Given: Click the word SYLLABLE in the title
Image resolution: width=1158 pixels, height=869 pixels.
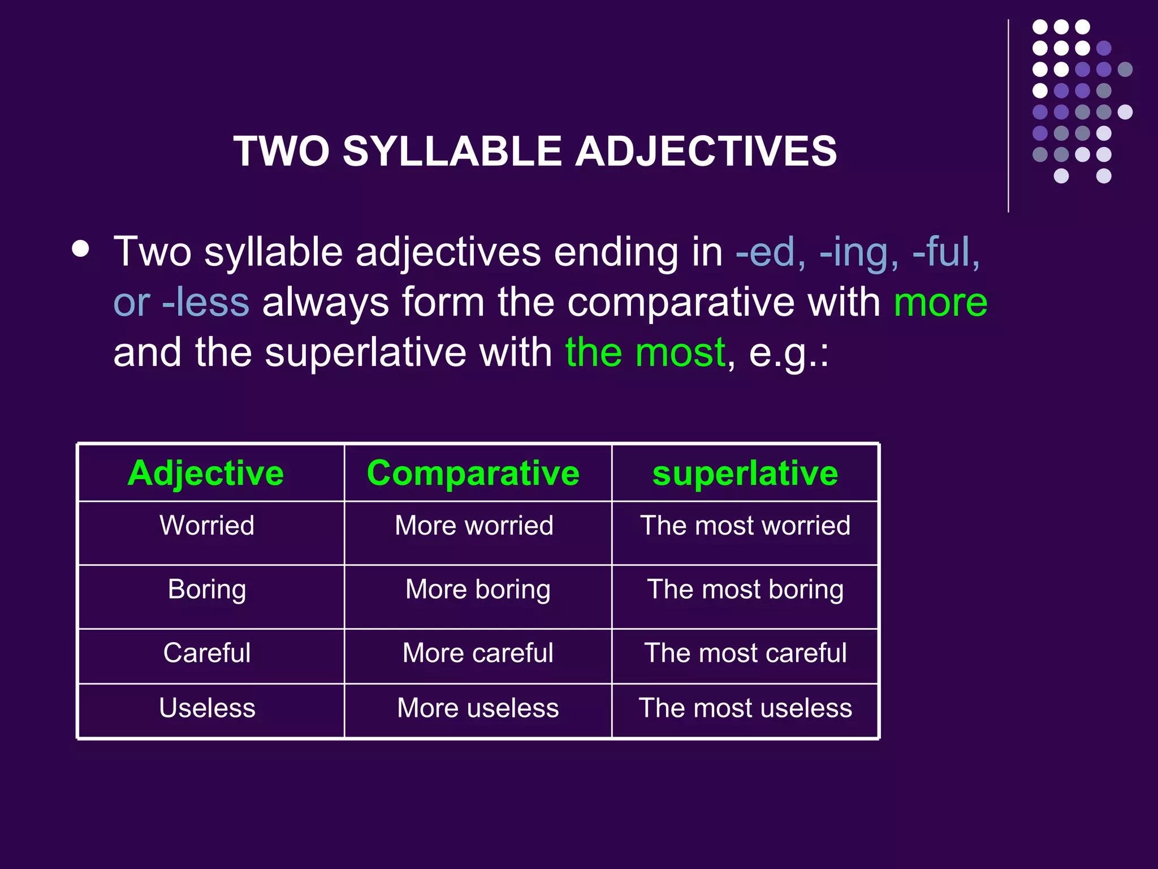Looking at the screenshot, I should [452, 152].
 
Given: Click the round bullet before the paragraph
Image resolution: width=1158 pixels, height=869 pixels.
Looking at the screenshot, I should [81, 249].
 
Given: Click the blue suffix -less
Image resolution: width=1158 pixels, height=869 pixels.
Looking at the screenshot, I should [205, 302].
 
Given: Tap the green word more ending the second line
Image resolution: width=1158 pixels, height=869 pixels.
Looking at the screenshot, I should [940, 302].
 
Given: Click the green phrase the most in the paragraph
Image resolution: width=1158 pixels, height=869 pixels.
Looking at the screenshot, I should [645, 352].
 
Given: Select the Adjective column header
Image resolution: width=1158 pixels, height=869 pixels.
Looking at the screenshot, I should [206, 473].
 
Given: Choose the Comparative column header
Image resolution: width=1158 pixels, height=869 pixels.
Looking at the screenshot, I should [473, 473].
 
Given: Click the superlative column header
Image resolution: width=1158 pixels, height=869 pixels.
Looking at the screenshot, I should [745, 473].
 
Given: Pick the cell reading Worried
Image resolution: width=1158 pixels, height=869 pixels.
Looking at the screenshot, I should [207, 526].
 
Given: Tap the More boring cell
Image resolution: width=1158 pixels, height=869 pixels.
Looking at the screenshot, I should [478, 590].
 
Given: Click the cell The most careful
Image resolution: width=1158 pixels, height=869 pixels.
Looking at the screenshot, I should [745, 653].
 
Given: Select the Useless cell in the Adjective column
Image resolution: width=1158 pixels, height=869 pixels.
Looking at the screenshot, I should [207, 708].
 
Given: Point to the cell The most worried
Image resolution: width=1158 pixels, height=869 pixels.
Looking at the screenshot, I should [745, 526].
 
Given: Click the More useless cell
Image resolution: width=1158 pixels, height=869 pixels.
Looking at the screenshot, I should [478, 708].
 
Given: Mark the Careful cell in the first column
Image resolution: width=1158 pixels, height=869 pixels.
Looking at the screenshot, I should [207, 653].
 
